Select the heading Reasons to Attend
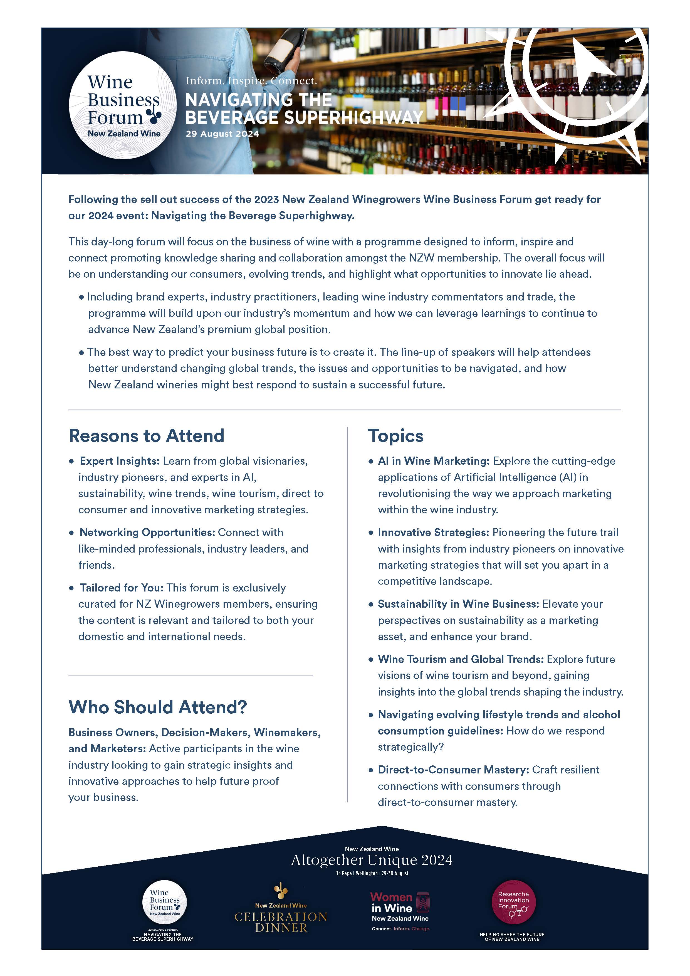click(x=147, y=436)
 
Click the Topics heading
click(x=395, y=436)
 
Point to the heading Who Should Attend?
click(x=158, y=707)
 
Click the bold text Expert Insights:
click(x=119, y=461)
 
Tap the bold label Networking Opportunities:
click(x=147, y=533)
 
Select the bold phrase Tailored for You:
click(x=122, y=588)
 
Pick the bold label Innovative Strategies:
click(x=433, y=533)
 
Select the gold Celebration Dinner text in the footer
click(x=281, y=921)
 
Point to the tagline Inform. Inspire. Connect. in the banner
click(x=251, y=81)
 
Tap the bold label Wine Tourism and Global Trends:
click(x=461, y=659)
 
